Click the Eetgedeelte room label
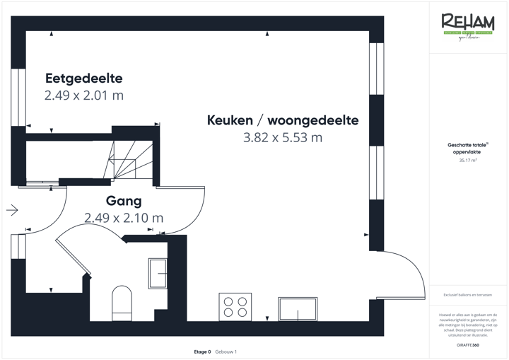(84, 78)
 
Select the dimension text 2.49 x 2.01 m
(84, 95)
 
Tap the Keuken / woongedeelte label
(283, 120)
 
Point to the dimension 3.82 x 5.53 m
(283, 138)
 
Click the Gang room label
(124, 201)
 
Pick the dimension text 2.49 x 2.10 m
(124, 218)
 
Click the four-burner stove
(235, 307)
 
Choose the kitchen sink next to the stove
(298, 308)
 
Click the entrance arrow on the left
(12, 209)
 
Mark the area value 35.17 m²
(467, 161)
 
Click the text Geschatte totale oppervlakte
(467, 148)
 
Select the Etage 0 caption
(202, 352)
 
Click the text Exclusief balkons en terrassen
(467, 294)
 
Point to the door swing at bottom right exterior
(406, 276)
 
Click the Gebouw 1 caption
(226, 352)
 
